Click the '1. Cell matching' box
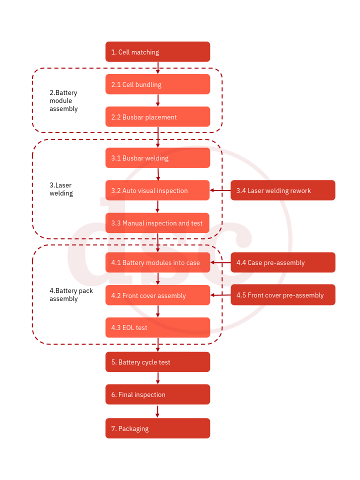pos(157,52)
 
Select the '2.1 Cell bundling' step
pos(157,84)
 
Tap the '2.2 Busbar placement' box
pos(157,117)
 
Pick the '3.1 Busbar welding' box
pos(157,158)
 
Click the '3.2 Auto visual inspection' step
pos(157,190)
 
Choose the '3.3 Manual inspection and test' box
pos(157,223)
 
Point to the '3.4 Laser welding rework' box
pos(282,190)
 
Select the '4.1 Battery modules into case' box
pos(157,262)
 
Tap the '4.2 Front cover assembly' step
pos(157,295)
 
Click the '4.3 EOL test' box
pos(157,327)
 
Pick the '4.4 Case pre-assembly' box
pos(282,262)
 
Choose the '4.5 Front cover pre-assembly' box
pos(282,295)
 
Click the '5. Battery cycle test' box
pos(157,362)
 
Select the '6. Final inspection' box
pos(157,394)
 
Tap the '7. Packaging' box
pos(157,428)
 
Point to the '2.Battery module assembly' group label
pos(63,100)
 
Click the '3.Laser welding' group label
pos(61,189)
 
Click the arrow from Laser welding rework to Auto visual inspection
pos(220,190)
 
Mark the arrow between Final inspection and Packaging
pos(157,411)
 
